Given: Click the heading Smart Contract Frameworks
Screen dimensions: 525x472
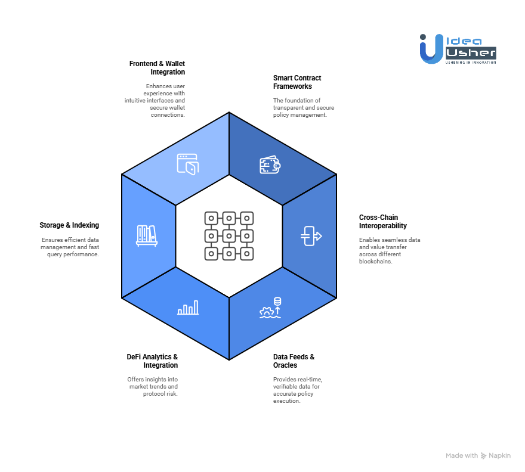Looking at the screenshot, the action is click(297, 82).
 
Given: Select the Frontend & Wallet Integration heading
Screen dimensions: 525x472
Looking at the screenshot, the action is click(157, 67).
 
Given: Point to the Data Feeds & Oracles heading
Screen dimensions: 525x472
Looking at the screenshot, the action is click(294, 361).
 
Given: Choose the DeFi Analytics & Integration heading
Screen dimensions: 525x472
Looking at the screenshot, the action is click(152, 361).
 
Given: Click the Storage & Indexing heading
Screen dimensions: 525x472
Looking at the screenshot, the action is click(69, 225).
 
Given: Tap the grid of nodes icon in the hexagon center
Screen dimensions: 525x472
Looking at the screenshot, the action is click(229, 235).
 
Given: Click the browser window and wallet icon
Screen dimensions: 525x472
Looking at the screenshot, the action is click(187, 164).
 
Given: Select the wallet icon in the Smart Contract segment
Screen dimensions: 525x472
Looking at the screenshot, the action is click(270, 165).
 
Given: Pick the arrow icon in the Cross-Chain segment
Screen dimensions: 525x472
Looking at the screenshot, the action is click(311, 236).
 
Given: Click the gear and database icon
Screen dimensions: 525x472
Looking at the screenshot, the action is click(270, 308).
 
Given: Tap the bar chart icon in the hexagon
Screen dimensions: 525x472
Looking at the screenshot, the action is click(188, 308).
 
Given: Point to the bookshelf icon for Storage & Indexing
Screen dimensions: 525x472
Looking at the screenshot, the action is click(147, 235).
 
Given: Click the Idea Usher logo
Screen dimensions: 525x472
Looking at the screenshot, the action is click(458, 48).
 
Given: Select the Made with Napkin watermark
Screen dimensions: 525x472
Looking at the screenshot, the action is click(478, 455).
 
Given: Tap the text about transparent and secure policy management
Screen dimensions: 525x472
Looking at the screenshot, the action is click(304, 107).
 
